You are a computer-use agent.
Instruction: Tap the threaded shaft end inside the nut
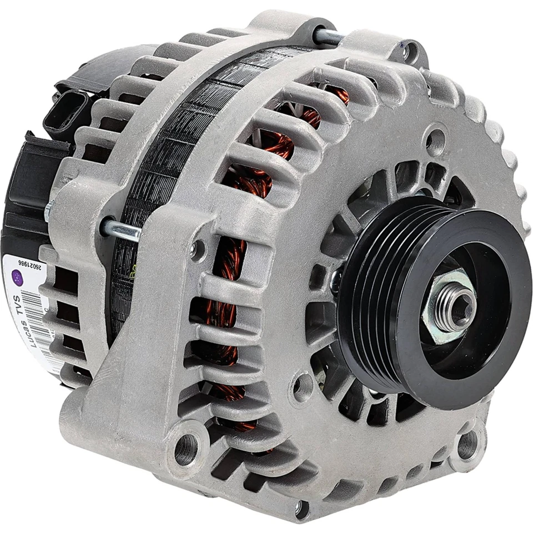coord(456,304)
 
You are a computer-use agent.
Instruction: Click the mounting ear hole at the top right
coord(411,53)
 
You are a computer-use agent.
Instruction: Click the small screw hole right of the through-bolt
coord(197,249)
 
